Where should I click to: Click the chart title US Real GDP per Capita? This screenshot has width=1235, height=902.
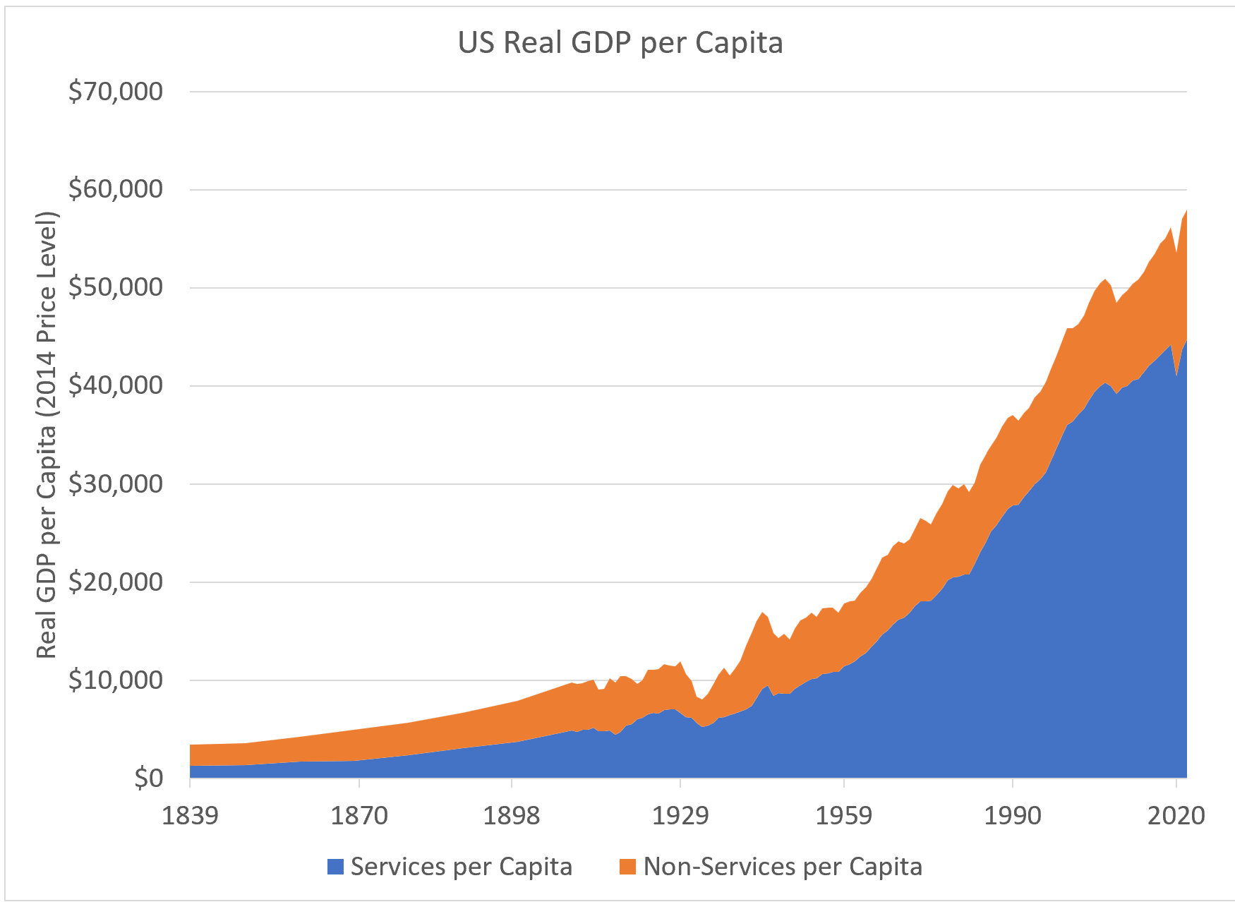pos(620,42)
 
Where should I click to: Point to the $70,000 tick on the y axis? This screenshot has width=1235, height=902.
pos(116,91)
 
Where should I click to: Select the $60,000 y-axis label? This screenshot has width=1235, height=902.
pos(116,189)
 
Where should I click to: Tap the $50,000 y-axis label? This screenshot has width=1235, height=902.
pos(116,287)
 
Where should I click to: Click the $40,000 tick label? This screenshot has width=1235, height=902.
pos(116,385)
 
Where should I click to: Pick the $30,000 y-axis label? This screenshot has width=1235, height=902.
pos(116,484)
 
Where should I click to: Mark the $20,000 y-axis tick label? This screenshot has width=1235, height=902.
pos(116,582)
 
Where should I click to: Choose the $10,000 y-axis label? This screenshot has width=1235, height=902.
pos(116,680)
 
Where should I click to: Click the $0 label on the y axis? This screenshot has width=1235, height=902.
pos(148,778)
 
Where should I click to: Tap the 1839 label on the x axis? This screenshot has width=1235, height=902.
pos(190,816)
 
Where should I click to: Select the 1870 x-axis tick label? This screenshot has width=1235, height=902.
pos(359,816)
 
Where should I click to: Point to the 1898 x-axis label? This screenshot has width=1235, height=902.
pos(511,816)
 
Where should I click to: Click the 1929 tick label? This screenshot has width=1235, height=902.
pos(680,816)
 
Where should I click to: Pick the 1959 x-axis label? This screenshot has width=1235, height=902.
pos(843,816)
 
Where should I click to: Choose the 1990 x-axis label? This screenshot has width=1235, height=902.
pos(1013,816)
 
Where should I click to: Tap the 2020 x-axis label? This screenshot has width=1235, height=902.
pos(1176,816)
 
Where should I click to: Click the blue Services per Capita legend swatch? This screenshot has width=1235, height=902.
pos(335,867)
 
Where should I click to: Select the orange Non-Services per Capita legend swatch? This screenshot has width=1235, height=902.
pos(627,867)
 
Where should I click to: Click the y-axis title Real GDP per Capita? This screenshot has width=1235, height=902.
pos(47,435)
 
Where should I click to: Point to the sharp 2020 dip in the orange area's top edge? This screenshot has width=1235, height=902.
pos(1176,253)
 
